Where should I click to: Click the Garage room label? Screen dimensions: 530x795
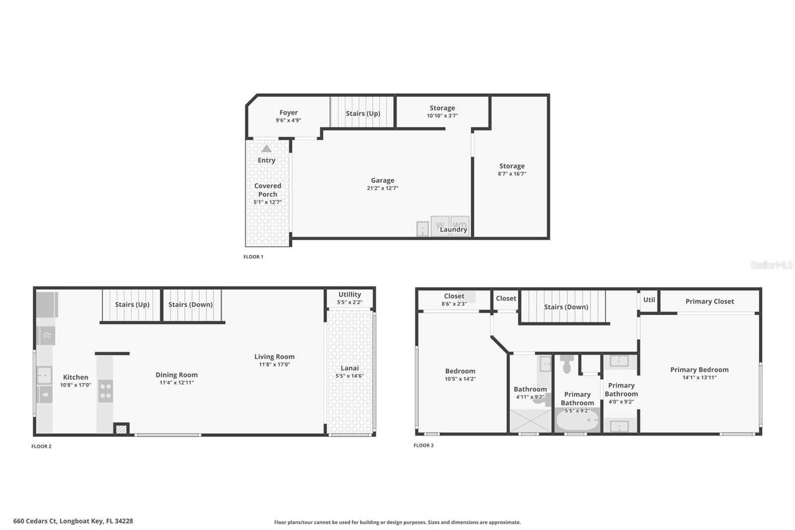pos(382,180)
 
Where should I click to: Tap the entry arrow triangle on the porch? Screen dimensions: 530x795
pos(266,149)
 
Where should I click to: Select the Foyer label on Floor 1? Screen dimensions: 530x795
pos(288,113)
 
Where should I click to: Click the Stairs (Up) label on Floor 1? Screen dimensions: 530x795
pos(363,113)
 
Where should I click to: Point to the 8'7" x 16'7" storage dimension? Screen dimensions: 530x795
pos(512,174)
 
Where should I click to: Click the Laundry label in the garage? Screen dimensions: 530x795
pos(453,229)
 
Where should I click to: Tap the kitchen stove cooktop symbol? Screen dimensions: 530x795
pos(105,391)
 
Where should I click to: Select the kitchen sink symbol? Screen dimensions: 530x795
pos(44,375)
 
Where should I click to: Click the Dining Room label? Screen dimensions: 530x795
pos(176,375)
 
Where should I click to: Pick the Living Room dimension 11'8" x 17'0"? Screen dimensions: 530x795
pos(274,364)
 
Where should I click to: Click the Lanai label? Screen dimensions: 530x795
pos(349,368)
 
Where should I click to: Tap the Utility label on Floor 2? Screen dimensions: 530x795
pos(349,294)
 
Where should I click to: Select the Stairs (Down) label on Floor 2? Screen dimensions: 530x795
pos(190,305)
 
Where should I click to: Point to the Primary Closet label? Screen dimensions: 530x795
pos(709,301)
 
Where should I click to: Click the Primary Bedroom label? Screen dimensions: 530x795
pos(699,369)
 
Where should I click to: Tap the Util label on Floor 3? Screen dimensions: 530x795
pos(649,300)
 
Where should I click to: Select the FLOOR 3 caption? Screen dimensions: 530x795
pos(423,445)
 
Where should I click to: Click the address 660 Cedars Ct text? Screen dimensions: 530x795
pos(73,521)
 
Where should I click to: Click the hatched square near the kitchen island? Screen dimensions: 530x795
pos(121,429)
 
